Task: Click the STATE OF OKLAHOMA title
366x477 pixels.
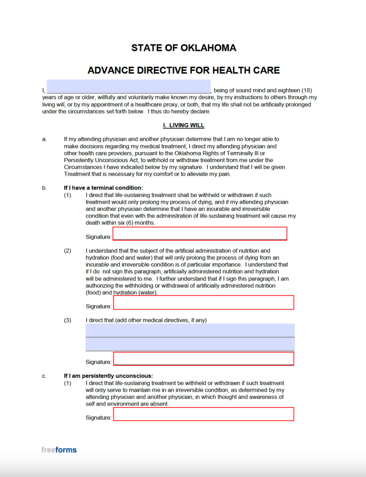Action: (x=183, y=48)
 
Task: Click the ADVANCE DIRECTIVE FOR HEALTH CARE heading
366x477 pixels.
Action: (x=183, y=71)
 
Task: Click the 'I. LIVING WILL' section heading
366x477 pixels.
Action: (x=183, y=125)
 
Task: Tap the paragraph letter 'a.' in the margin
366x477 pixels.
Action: (x=44, y=139)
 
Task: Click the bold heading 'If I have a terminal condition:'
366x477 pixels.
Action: (x=103, y=188)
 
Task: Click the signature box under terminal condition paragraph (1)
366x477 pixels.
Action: (x=200, y=233)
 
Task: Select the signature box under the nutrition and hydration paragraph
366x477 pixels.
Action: (x=203, y=302)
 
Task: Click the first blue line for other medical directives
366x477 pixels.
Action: (x=190, y=330)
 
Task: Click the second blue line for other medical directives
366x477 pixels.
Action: (x=190, y=344)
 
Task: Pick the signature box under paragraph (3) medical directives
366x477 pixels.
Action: (x=203, y=359)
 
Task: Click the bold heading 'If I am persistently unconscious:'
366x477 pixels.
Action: (x=108, y=376)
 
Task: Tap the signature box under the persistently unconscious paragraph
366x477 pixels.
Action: (x=203, y=414)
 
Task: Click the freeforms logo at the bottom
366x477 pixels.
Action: (x=59, y=450)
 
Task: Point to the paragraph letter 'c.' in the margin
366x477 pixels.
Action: (x=44, y=376)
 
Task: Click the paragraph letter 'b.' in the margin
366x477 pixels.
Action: (x=44, y=188)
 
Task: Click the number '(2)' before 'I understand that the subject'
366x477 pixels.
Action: (x=68, y=251)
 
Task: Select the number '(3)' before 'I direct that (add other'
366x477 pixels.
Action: (x=68, y=320)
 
